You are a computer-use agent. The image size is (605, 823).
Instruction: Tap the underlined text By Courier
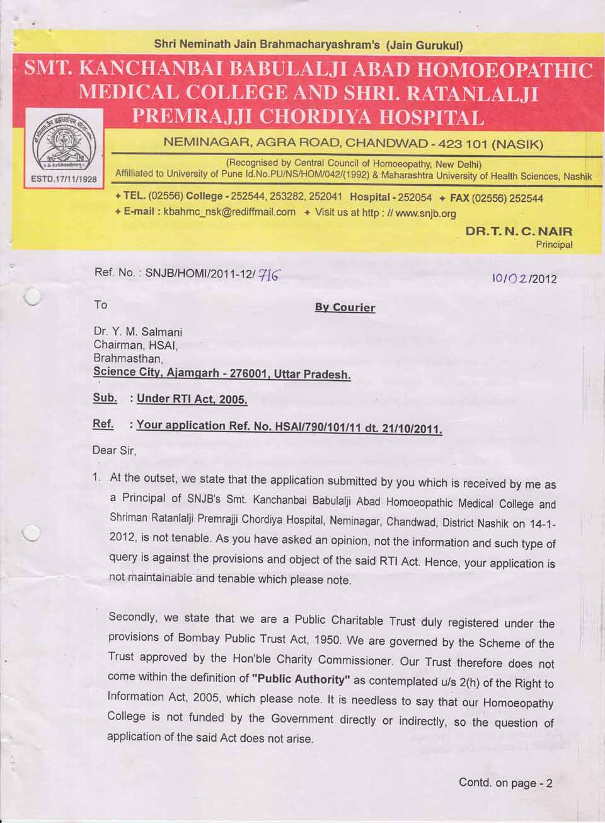345,308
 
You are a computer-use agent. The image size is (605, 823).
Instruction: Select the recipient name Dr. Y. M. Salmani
138,331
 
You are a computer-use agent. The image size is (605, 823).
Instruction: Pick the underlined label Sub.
105,398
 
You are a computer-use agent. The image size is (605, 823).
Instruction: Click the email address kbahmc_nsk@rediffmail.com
229,212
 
